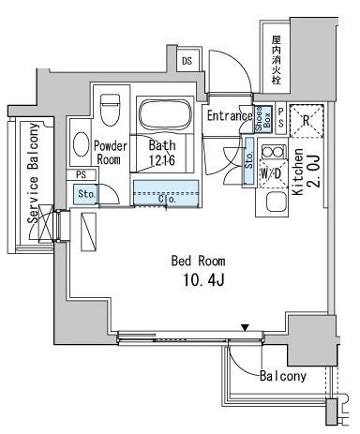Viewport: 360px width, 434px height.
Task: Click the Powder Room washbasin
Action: pos(81,145)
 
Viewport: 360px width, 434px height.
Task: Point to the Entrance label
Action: pos(229,116)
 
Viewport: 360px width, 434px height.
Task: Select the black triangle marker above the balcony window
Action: pos(246,327)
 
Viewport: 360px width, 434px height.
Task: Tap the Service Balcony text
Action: pos(34,172)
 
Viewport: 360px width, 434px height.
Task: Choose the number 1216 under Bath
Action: pos(163,160)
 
